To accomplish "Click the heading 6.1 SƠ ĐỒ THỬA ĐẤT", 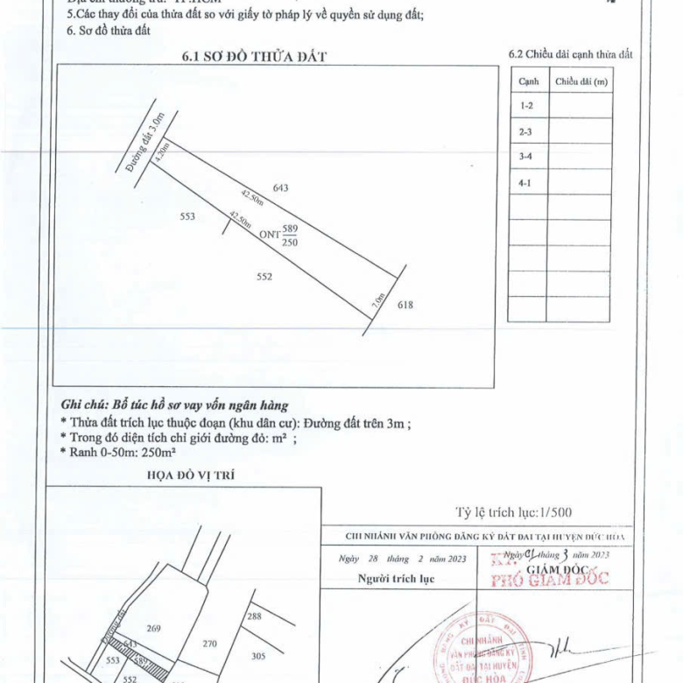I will point(254,57).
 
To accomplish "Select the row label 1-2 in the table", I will point(526,106).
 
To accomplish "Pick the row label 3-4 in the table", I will point(526,157).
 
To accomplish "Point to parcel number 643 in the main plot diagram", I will point(280,187).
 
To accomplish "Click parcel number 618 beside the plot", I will point(405,305).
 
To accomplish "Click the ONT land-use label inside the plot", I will point(270,235).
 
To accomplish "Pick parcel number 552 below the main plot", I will point(265,277).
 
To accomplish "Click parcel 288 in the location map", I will point(255,617).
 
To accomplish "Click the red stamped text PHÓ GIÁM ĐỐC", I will point(552,579).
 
